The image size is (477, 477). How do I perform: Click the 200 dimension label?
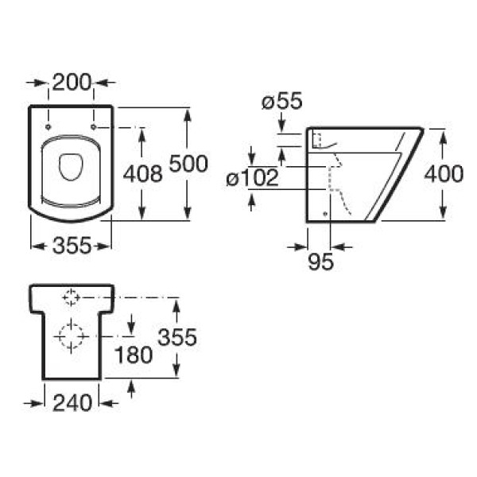[72, 81]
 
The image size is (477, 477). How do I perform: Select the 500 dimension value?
[188, 164]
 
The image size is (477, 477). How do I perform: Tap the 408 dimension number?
[143, 173]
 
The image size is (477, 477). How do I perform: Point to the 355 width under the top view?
[71, 246]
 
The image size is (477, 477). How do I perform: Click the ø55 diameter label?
[281, 102]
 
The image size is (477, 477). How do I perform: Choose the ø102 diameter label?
[253, 178]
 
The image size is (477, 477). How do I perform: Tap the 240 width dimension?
[72, 403]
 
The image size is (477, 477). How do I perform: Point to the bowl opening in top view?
[71, 166]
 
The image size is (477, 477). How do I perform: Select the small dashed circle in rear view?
[71, 297]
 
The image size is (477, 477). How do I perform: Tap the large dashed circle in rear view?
[71, 337]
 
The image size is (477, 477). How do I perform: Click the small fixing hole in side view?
[327, 213]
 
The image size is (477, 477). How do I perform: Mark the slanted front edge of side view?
[397, 175]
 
